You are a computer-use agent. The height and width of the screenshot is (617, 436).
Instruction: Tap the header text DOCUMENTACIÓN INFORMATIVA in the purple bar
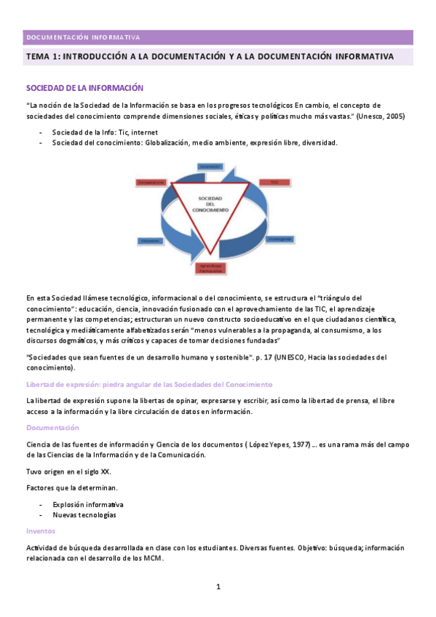coord(82,37)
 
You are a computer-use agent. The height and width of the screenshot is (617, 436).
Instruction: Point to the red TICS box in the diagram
coord(274,181)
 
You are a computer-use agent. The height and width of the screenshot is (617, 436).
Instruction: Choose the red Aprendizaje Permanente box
coord(212,268)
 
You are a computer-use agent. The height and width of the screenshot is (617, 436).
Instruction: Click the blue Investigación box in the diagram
coord(280,239)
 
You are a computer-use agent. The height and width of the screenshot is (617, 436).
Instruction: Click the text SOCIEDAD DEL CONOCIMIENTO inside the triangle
coord(210,204)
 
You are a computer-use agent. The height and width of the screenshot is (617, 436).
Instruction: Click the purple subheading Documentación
coord(52,427)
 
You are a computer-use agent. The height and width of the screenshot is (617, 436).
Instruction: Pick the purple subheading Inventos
coord(40,530)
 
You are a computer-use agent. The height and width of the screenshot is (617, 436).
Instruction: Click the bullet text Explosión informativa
coord(87,503)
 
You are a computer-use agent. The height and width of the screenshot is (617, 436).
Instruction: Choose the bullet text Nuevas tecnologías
coord(84,514)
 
